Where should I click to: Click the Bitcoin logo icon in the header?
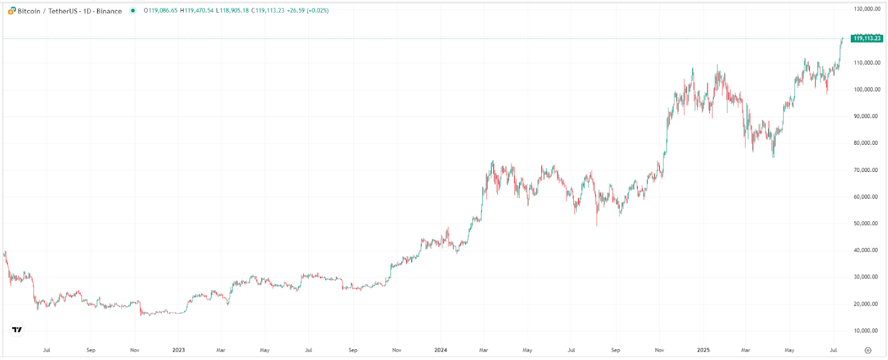[x=12, y=11]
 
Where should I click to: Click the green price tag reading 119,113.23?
[x=866, y=38]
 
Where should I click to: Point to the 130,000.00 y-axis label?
[x=866, y=9]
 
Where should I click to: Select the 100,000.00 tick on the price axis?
[x=866, y=89]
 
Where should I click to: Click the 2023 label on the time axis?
[x=178, y=350]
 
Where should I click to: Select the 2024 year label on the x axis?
[x=441, y=350]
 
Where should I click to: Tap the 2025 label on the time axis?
[x=703, y=350]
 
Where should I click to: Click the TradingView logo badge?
[x=17, y=329]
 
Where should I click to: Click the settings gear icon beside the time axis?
[x=868, y=350]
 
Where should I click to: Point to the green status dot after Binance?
[x=133, y=11]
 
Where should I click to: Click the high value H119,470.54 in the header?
[x=196, y=11]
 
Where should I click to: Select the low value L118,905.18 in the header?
[x=231, y=11]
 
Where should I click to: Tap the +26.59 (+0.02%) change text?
[x=307, y=11]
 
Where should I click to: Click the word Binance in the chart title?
[x=109, y=11]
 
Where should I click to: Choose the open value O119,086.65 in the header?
[x=160, y=11]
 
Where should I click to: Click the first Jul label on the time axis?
[x=47, y=350]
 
